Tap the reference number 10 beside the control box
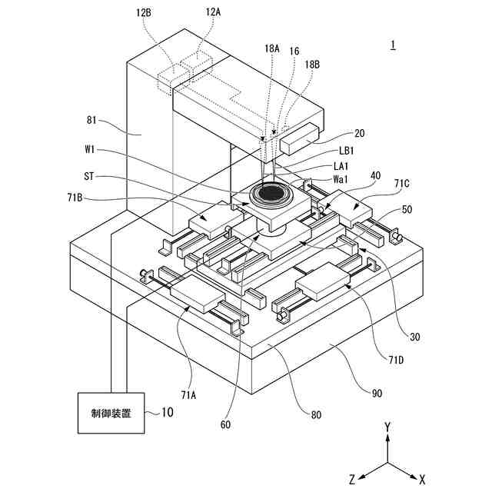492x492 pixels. coord(167,413)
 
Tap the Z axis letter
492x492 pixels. coord(351,478)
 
